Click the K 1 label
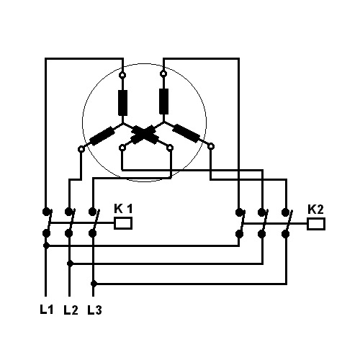click(123, 209)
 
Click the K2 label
click(315, 210)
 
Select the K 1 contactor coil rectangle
click(123, 223)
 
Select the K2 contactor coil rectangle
click(316, 224)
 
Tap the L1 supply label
click(46, 310)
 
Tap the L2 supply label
click(71, 310)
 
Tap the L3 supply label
click(94, 310)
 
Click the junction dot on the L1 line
click(46, 246)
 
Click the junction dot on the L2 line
click(70, 264)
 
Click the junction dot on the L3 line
click(94, 284)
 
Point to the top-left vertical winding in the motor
click(122, 103)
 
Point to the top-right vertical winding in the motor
click(163, 102)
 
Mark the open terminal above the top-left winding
click(122, 75)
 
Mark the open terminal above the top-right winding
click(163, 73)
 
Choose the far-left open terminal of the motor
click(81, 149)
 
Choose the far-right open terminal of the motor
click(211, 146)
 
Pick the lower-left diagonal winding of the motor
click(102, 136)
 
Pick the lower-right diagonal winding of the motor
click(186, 133)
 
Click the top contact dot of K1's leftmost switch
click(46, 212)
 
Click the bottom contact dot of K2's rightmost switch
click(285, 234)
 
